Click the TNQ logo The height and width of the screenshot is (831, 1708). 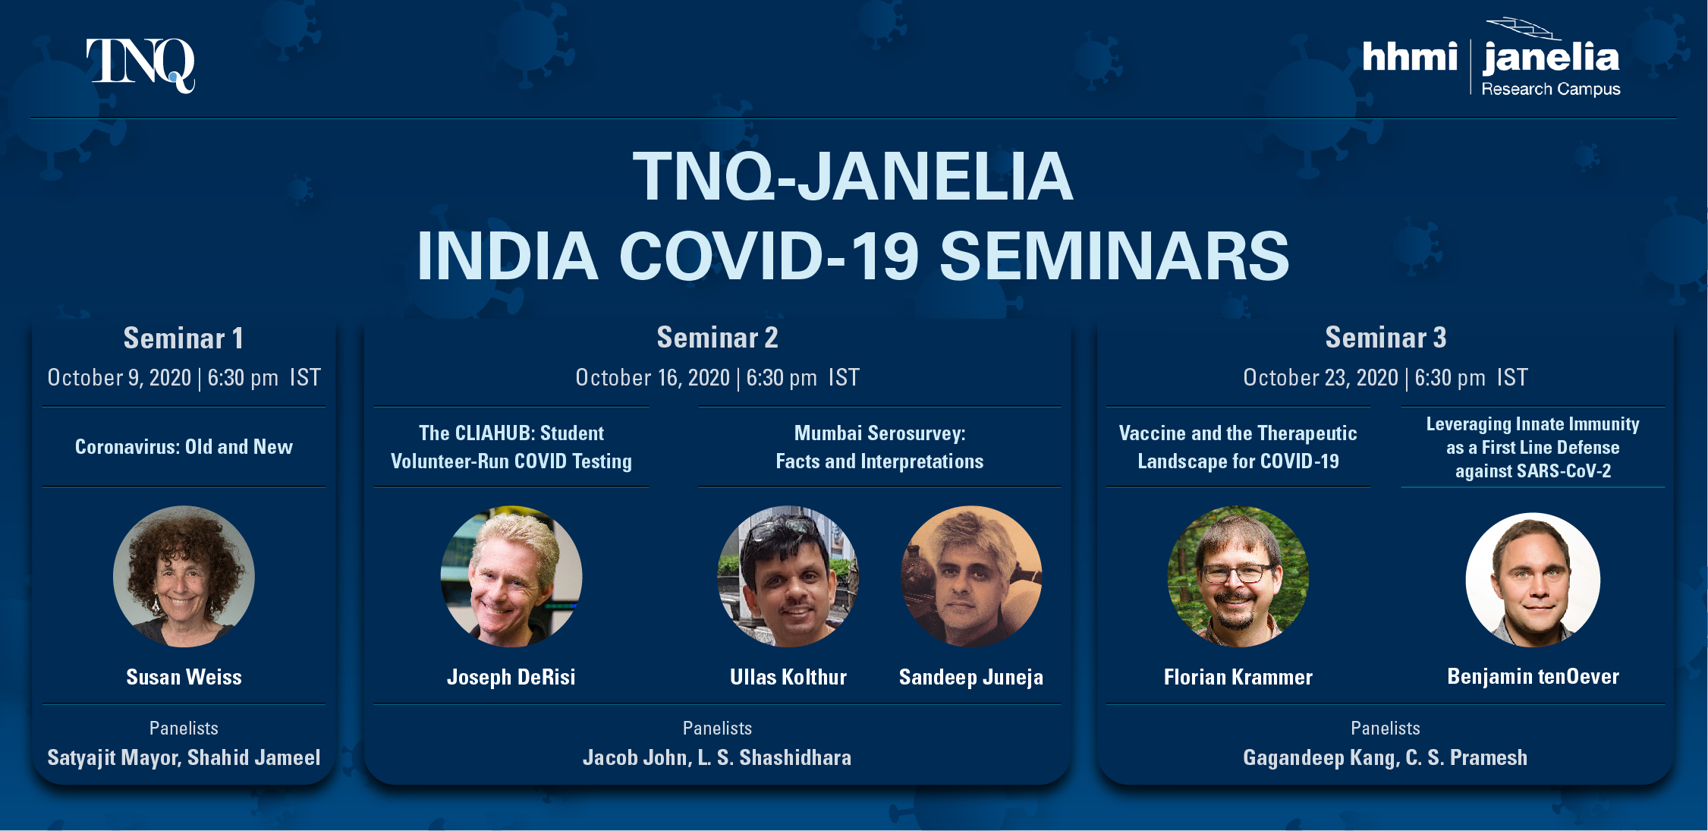(140, 65)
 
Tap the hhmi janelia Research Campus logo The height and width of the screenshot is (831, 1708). (1491, 58)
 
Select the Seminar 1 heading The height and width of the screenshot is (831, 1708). (184, 338)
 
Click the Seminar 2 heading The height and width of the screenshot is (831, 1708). (717, 338)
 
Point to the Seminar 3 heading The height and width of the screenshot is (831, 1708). (1386, 338)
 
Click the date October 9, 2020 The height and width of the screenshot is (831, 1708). (119, 378)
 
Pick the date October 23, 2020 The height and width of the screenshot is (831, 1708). (1320, 378)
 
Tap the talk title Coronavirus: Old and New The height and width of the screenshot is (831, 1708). (184, 447)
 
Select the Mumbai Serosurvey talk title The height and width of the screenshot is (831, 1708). (879, 447)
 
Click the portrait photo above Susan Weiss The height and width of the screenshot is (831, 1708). (184, 576)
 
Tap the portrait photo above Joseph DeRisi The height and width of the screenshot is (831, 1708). (511, 576)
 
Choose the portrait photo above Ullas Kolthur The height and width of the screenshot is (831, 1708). (788, 576)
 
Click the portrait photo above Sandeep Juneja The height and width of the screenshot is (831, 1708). (971, 576)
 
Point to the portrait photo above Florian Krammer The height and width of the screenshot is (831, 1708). (1238, 576)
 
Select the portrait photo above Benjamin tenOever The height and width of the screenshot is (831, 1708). (1533, 580)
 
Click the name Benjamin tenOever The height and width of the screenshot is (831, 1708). (1533, 676)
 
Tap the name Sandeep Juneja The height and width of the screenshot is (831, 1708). (971, 677)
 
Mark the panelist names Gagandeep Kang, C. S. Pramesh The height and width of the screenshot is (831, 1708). (1386, 757)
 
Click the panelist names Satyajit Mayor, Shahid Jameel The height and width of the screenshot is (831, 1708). (184, 757)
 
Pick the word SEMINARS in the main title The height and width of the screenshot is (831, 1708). (1115, 256)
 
